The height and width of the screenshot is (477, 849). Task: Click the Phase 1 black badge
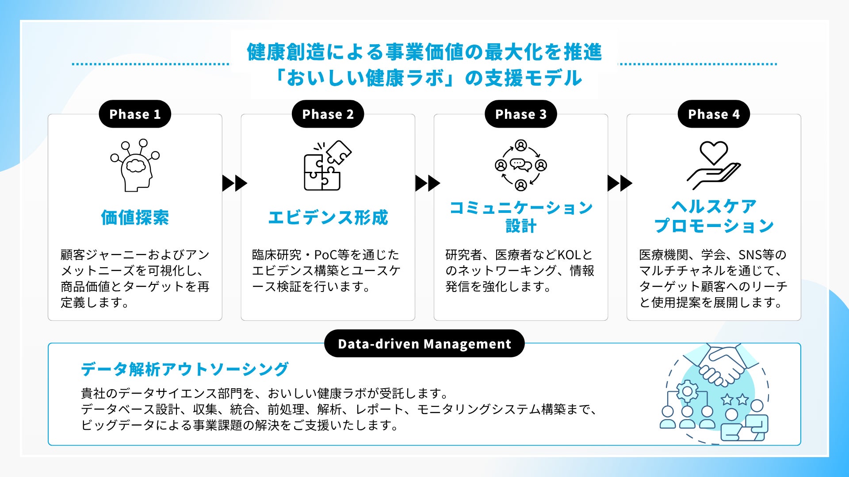point(135,114)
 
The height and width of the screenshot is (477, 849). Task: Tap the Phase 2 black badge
point(328,114)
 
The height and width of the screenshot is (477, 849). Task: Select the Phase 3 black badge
point(520,114)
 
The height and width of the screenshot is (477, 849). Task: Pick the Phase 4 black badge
point(714,114)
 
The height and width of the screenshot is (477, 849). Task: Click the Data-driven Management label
point(424,344)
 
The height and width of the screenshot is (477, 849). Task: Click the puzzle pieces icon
point(327,166)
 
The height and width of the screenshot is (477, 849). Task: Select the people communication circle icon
point(521,166)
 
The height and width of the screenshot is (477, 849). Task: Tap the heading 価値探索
point(135,217)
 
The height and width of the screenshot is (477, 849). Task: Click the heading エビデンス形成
point(328,217)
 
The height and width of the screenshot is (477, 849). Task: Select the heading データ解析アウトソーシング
point(184,369)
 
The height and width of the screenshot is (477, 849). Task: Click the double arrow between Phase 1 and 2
point(234,183)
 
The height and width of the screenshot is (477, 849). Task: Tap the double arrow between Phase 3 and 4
point(620,183)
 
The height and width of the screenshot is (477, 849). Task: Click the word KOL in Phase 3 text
point(569,255)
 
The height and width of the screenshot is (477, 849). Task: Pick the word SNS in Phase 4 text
point(750,255)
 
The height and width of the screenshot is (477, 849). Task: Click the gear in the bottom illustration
point(687,391)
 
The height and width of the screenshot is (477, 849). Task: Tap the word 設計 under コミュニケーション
point(521,226)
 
